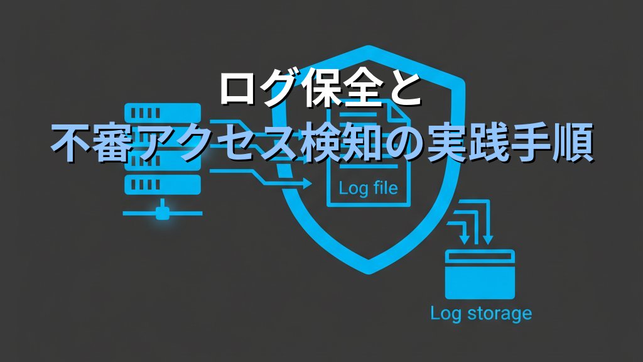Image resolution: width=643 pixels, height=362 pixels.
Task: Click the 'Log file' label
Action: pyautogui.click(x=368, y=187)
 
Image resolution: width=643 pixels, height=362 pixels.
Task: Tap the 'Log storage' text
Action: pyautogui.click(x=480, y=312)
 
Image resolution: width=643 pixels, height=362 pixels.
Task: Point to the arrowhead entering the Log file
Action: pyautogui.click(x=307, y=184)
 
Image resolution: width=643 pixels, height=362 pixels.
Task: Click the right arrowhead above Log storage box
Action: pyautogui.click(x=488, y=239)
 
